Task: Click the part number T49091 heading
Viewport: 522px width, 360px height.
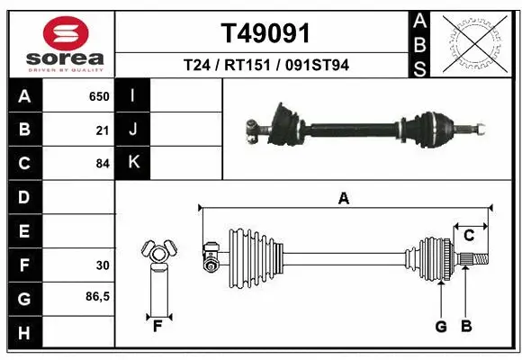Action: click(265, 33)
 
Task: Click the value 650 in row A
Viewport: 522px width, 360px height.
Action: click(98, 96)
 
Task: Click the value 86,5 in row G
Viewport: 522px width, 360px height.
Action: click(96, 298)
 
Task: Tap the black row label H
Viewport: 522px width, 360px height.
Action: click(23, 334)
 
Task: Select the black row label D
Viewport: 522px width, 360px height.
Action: click(23, 197)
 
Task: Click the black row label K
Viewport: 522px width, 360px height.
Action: click(133, 163)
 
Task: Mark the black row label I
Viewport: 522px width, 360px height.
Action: click(133, 96)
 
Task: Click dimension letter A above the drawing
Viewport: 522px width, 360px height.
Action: click(343, 199)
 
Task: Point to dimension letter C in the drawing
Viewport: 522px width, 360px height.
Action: click(469, 236)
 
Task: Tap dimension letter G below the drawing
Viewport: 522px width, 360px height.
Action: click(441, 327)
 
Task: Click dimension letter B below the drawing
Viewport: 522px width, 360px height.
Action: click(466, 327)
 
